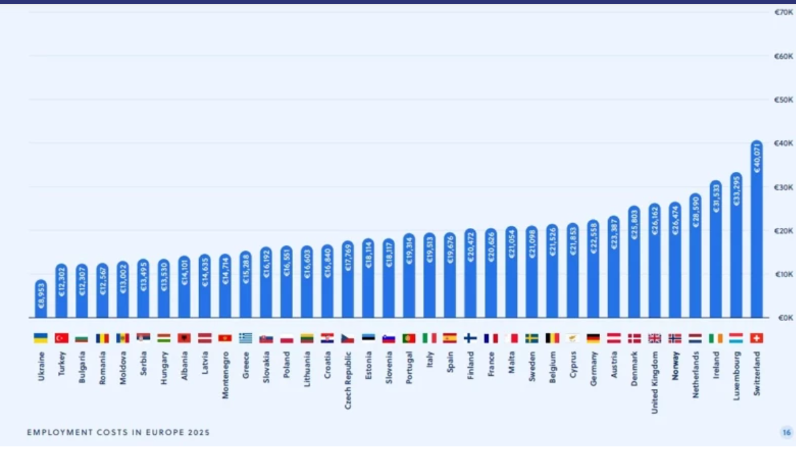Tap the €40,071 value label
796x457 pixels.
click(x=756, y=158)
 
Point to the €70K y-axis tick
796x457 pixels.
click(x=783, y=12)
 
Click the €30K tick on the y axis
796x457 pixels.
click(x=783, y=187)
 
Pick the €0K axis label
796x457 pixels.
click(x=783, y=318)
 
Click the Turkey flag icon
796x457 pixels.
click(x=61, y=338)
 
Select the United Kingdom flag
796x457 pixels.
click(x=654, y=338)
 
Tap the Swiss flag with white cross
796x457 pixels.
click(x=756, y=338)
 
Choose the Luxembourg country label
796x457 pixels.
click(x=736, y=374)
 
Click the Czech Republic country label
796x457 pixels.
click(x=348, y=380)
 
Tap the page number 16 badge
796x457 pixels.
click(x=786, y=432)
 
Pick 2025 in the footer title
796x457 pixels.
click(x=198, y=432)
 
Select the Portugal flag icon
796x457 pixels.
click(x=409, y=338)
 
